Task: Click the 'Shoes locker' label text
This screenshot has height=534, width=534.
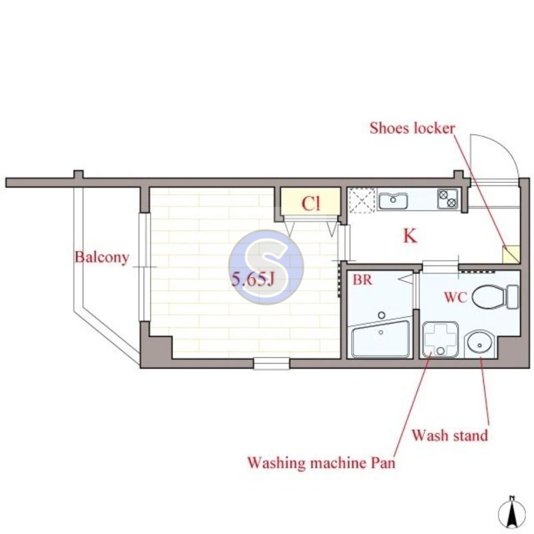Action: [x=413, y=128]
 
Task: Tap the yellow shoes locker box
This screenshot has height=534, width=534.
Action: [x=511, y=254]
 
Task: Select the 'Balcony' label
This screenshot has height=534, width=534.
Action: [x=101, y=257]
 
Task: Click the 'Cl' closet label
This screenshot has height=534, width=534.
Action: [x=310, y=204]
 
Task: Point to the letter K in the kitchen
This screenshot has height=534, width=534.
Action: [x=410, y=236]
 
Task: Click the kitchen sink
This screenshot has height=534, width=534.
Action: [x=394, y=200]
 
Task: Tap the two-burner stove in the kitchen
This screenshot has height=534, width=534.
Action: [x=447, y=198]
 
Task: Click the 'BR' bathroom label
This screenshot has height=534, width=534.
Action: [x=362, y=280]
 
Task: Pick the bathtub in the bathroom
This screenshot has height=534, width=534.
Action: [x=380, y=340]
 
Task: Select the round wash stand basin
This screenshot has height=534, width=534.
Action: [x=479, y=343]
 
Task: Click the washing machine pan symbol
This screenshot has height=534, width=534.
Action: [x=440, y=340]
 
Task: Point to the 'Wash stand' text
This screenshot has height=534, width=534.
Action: [x=449, y=436]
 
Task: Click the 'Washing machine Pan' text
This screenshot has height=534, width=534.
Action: [x=321, y=462]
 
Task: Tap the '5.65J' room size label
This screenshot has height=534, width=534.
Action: [x=253, y=280]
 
